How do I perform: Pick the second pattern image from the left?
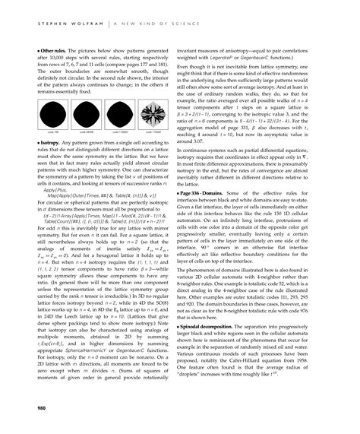pyautogui.click(x=87, y=117)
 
